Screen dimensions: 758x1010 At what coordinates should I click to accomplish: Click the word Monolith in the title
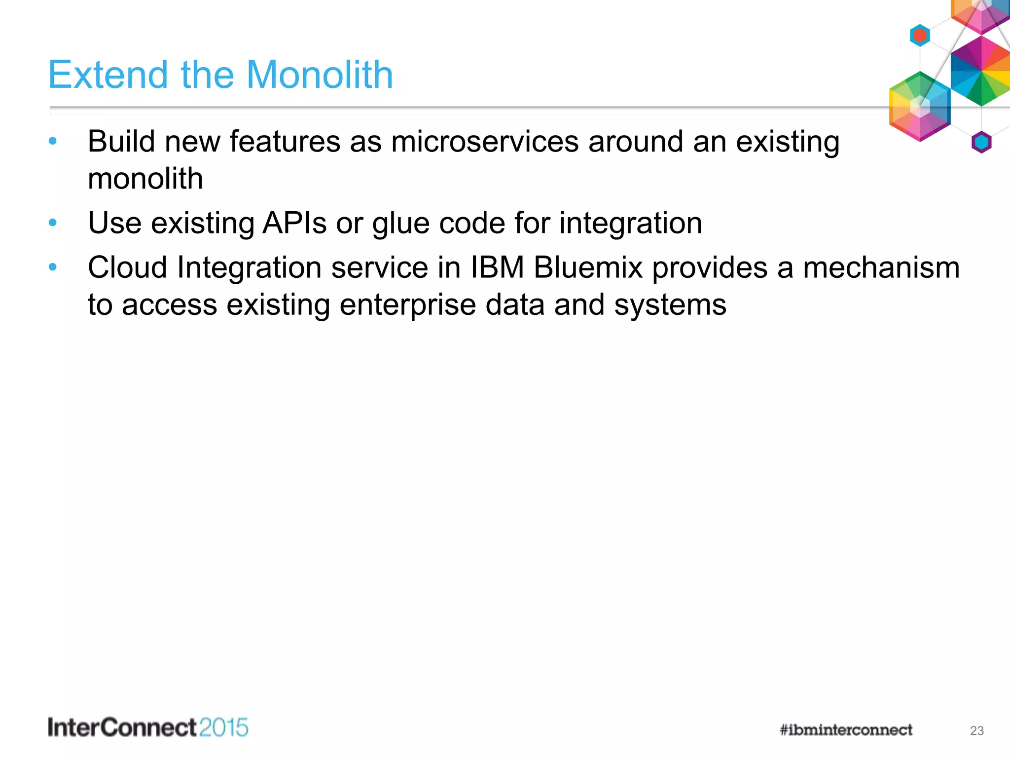[320, 75]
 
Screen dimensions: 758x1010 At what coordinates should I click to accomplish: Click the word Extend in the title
[108, 75]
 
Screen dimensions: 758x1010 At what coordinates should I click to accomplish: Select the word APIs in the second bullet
[294, 223]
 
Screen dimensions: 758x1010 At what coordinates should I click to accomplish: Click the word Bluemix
[588, 267]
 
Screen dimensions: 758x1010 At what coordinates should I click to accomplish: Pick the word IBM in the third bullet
[497, 267]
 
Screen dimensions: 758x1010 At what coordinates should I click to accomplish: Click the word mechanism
[881, 267]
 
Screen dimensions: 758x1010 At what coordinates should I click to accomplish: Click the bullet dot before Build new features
[53, 142]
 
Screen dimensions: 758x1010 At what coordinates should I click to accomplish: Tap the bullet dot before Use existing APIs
[53, 223]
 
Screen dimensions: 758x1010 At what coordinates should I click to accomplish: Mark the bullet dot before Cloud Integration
[53, 267]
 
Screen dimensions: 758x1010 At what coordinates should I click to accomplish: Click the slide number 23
[976, 731]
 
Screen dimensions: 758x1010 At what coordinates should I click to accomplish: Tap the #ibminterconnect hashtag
[846, 730]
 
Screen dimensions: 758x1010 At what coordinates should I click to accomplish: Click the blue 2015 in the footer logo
[224, 728]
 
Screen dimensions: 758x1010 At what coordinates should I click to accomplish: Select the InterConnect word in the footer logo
[122, 728]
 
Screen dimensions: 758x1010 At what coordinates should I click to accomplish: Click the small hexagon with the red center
[920, 36]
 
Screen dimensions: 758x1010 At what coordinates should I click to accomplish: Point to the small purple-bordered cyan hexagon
[981, 142]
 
